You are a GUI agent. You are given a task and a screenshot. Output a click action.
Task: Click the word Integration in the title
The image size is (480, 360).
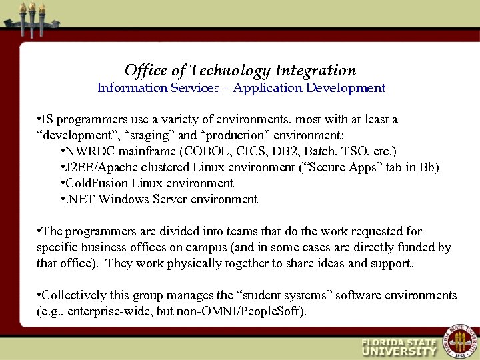click(x=316, y=71)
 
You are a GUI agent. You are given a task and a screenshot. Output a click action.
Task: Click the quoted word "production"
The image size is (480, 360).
click(x=224, y=135)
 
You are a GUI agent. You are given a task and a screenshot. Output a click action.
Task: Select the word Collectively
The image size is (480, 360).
click(x=75, y=295)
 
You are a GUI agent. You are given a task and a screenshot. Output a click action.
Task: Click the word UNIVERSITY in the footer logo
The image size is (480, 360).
click(x=399, y=351)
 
